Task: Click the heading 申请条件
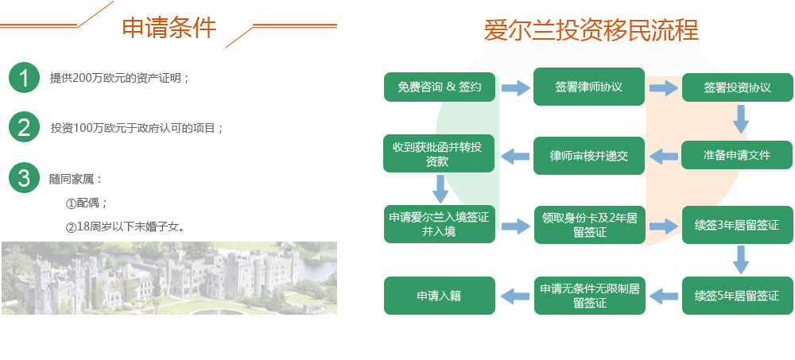169,27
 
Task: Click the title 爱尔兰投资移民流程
591,30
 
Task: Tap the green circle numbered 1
24,78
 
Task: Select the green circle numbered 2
24,127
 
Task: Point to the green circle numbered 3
24,177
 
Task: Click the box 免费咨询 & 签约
440,87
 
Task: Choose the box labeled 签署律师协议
588,87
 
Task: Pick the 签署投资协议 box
737,87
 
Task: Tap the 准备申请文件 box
737,155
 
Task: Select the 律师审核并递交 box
588,156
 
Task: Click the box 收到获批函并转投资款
439,153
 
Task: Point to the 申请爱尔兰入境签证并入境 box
440,224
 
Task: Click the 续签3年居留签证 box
737,225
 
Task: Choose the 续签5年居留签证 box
737,295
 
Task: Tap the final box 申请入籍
440,295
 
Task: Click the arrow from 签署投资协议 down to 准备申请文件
741,119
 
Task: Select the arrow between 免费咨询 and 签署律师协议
515,87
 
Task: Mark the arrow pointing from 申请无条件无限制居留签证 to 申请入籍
514,296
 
